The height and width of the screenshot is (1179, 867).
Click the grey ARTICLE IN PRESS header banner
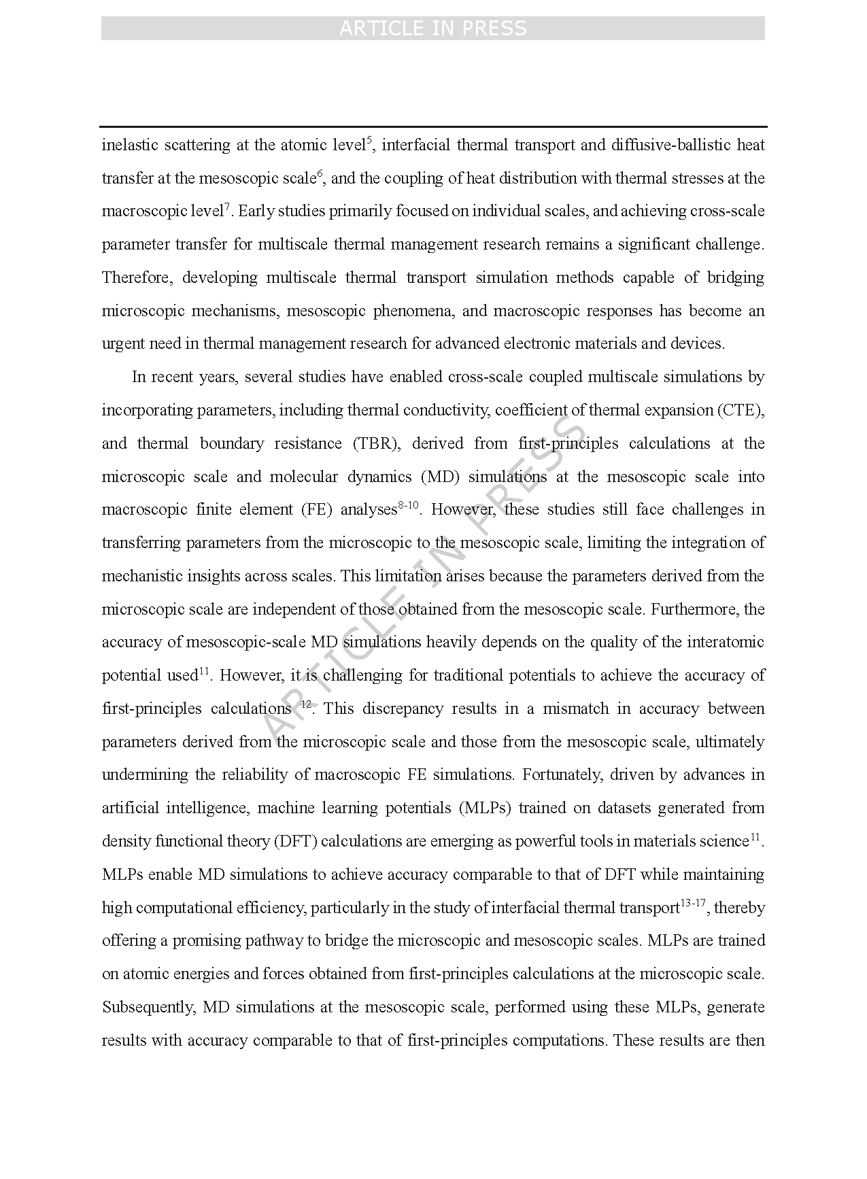[432, 29]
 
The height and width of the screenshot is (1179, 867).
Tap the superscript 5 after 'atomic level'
[369, 141]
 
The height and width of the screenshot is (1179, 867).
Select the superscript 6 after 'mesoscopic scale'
[320, 174]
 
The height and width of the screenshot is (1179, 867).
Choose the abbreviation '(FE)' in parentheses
[316, 510]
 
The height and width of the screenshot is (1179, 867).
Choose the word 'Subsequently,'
[148, 1008]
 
